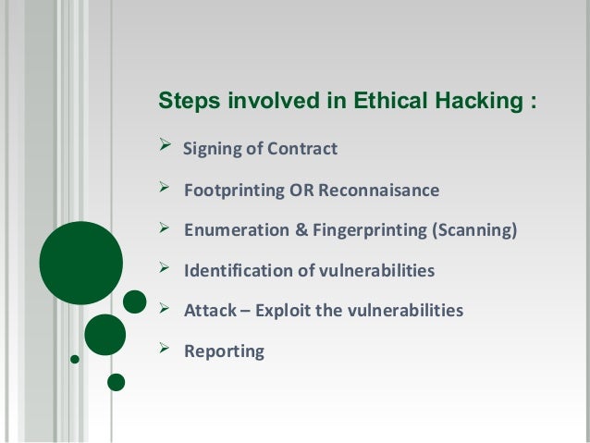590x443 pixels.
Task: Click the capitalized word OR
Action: (x=303, y=191)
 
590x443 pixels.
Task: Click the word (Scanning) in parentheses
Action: (x=472, y=231)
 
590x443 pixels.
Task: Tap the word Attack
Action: (x=210, y=311)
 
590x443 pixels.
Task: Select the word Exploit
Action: (x=284, y=311)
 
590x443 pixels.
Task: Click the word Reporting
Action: (x=225, y=351)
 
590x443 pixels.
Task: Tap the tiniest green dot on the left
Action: (x=74, y=358)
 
